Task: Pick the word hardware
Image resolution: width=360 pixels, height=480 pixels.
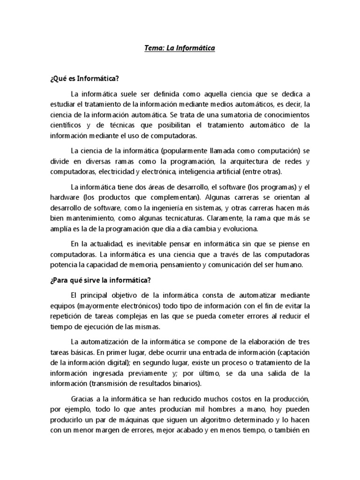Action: (63, 196)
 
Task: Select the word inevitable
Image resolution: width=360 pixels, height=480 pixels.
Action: (152, 244)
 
